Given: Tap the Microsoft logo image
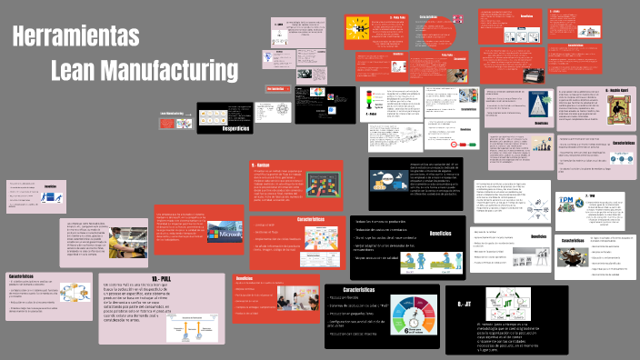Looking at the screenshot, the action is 229,235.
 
